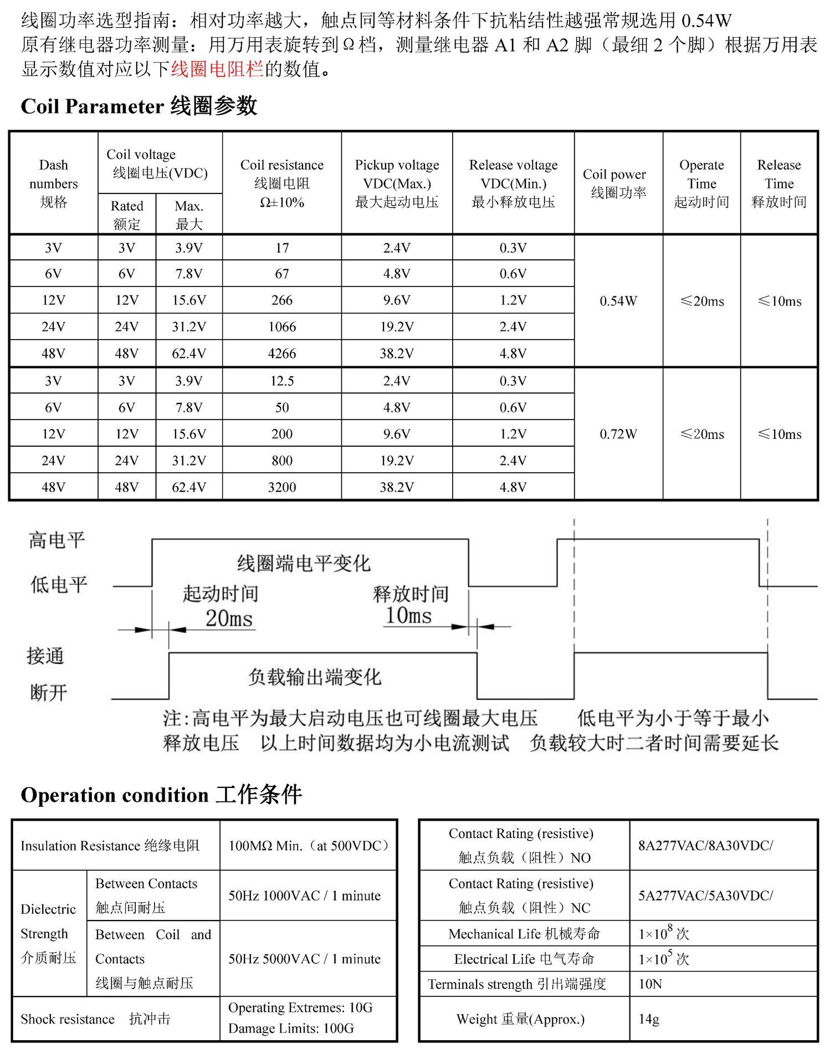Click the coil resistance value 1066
click(x=282, y=327)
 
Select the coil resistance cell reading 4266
click(x=282, y=354)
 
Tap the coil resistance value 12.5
click(x=282, y=381)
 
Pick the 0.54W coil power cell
click(x=618, y=301)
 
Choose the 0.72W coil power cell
click(x=618, y=434)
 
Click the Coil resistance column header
click(x=282, y=183)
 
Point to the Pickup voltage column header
click(x=397, y=183)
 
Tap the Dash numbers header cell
click(x=53, y=183)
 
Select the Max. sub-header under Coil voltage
click(x=189, y=214)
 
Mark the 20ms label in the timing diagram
click(x=229, y=618)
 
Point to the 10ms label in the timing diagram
click(x=408, y=615)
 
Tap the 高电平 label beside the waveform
click(x=57, y=540)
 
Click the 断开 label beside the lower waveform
click(x=49, y=692)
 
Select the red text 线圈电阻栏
click(x=217, y=69)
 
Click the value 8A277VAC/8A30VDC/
click(x=705, y=846)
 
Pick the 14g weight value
click(x=649, y=1019)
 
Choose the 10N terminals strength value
click(x=650, y=984)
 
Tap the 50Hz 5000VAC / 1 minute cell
click(x=304, y=959)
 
